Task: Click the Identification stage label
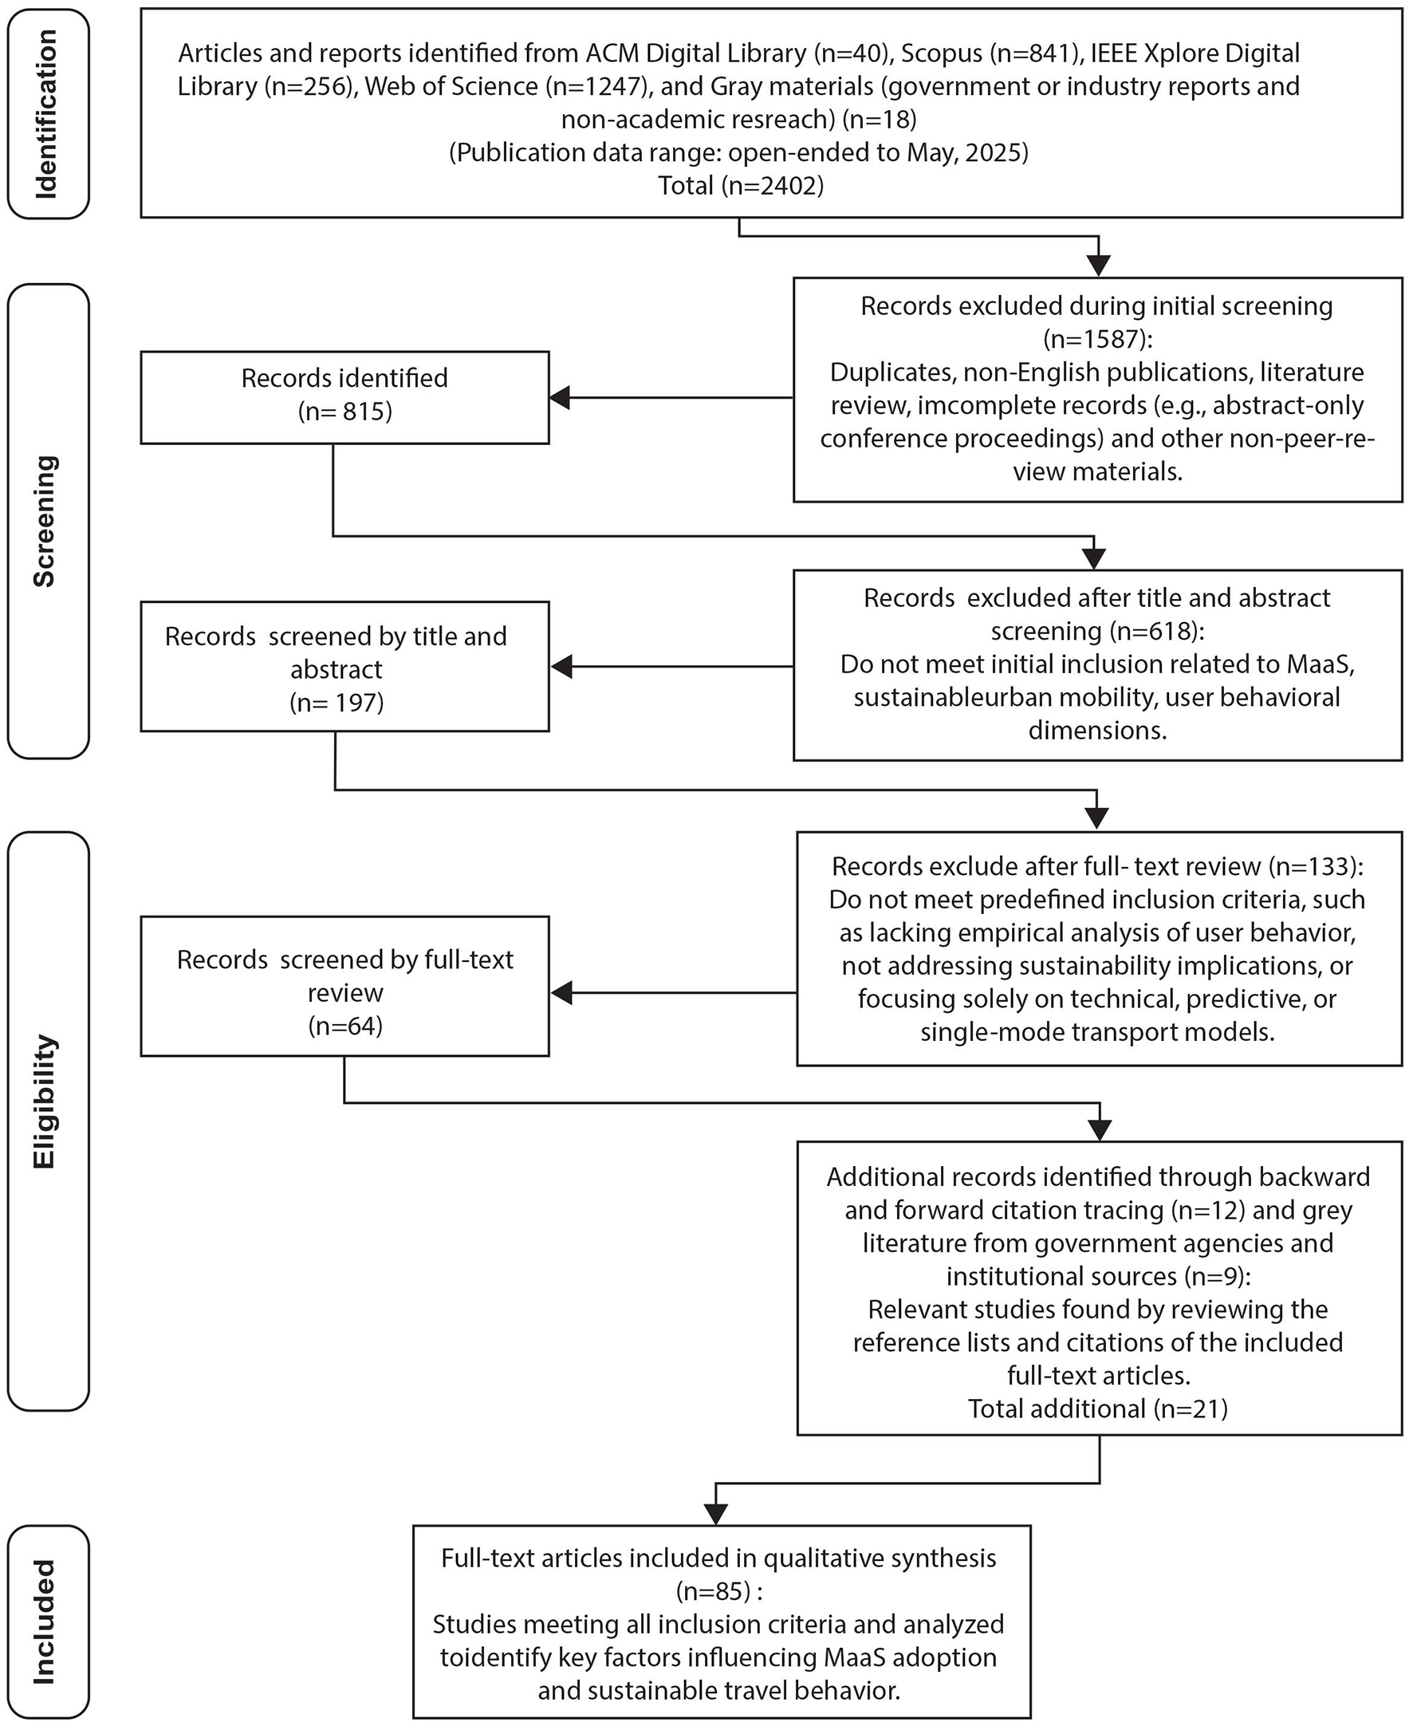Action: [47, 114]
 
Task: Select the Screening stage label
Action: [45, 521]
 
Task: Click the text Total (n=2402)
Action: [741, 186]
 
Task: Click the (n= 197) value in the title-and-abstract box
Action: [337, 702]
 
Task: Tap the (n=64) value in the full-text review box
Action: [345, 1026]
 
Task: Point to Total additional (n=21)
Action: [1097, 1409]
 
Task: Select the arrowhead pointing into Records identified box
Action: [560, 398]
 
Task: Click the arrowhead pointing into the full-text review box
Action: [561, 992]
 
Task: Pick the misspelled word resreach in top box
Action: [789, 120]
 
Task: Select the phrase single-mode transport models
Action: [1097, 1032]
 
